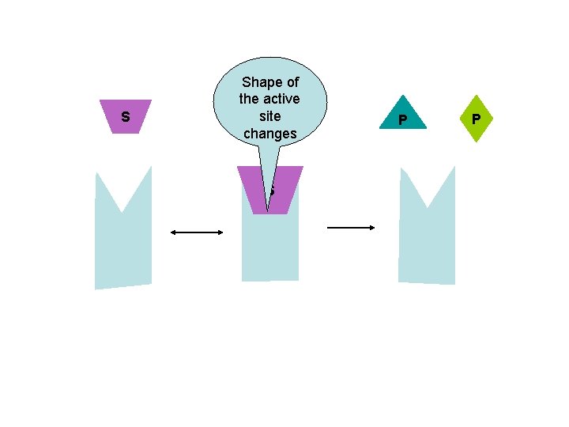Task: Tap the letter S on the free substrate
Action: pos(126,118)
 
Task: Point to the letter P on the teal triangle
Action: pos(402,120)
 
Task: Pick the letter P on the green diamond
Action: pos(476,120)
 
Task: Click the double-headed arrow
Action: pos(197,232)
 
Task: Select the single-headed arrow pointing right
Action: pos(351,228)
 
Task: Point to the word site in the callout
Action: pos(269,116)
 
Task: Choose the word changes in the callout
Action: pos(269,134)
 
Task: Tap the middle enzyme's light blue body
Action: pos(269,249)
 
